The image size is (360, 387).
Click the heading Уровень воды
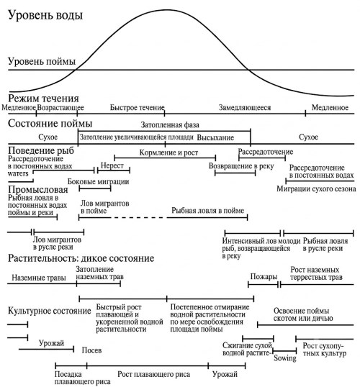pyautogui.click(x=45, y=15)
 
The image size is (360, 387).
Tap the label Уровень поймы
pyautogui.click(x=42, y=61)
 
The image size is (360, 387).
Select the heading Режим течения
pyautogui.click(x=43, y=99)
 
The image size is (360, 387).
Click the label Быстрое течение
pyautogui.click(x=137, y=107)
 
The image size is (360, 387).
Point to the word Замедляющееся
pyautogui.click(x=245, y=108)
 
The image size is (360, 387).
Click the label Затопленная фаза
pyautogui.click(x=170, y=125)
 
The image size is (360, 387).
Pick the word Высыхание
pyautogui.click(x=215, y=137)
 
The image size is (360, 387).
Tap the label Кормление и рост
pyautogui.click(x=168, y=152)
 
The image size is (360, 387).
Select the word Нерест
pyautogui.click(x=112, y=165)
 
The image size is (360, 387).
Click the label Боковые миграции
pyautogui.click(x=99, y=182)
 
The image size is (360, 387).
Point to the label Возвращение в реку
pyautogui.click(x=241, y=166)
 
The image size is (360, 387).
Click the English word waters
pyautogui.click(x=18, y=173)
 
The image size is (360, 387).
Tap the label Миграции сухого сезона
pyautogui.click(x=316, y=188)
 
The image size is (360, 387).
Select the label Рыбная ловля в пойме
pyautogui.click(x=208, y=210)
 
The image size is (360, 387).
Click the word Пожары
pyautogui.click(x=264, y=276)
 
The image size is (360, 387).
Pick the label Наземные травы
pyautogui.click(x=39, y=278)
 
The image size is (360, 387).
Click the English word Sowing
pyautogui.click(x=285, y=358)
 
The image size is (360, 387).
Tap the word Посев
pyautogui.click(x=91, y=350)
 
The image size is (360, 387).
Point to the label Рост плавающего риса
pyautogui.click(x=153, y=374)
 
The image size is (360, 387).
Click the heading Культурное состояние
pyautogui.click(x=50, y=311)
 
